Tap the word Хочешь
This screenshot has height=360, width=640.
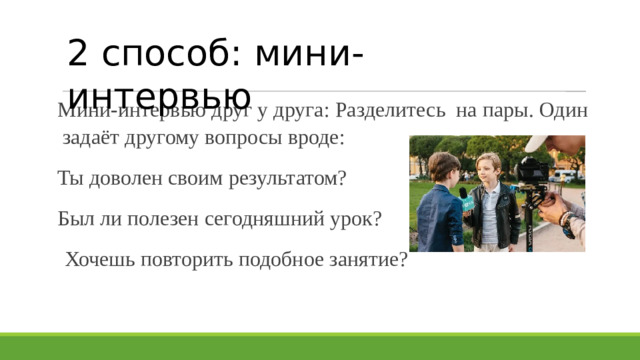[97, 260]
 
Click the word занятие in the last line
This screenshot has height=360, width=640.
[361, 260]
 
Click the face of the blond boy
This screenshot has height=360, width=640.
[489, 168]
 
